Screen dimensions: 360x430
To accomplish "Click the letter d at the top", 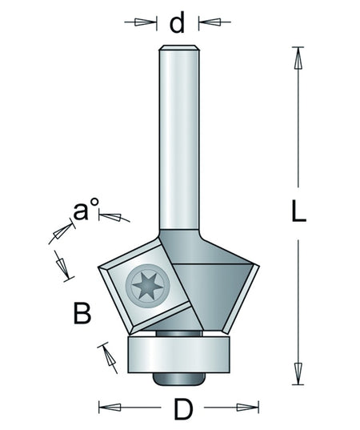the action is click(x=178, y=23).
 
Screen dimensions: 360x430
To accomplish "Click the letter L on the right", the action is click(x=298, y=211).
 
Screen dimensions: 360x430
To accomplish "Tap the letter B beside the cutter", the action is click(x=82, y=313).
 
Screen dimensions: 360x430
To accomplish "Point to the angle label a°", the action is click(x=86, y=209).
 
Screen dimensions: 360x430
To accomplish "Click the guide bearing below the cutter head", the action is click(x=178, y=354).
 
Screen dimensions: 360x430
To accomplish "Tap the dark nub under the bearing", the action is click(x=179, y=379).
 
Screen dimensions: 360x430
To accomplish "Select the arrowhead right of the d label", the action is click(x=210, y=22).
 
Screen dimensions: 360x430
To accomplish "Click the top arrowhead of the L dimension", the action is click(x=298, y=58).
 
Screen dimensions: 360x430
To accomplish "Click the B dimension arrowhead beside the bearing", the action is click(x=110, y=356).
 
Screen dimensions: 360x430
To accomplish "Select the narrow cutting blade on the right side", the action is click(x=241, y=299).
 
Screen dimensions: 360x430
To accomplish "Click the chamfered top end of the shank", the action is click(x=179, y=48).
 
